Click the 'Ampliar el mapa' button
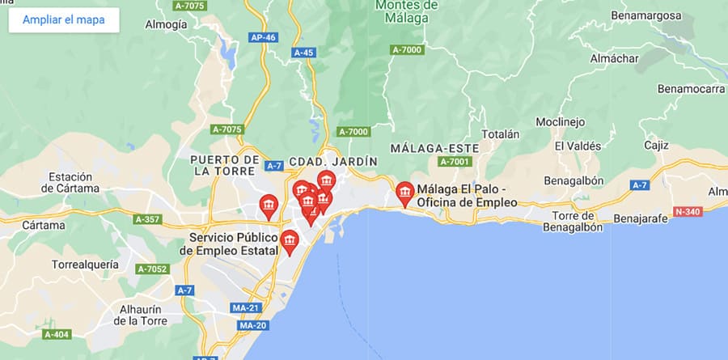coord(64,20)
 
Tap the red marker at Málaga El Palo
coord(405,193)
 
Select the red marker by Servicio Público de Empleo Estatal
coord(289,242)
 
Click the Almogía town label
coord(166,24)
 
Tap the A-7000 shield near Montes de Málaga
coord(407,50)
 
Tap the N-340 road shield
coord(688,211)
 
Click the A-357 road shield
coord(148,219)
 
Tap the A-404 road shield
coord(57,334)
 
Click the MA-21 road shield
coord(244,308)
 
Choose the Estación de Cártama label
coord(74,183)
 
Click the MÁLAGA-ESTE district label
coord(434,149)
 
